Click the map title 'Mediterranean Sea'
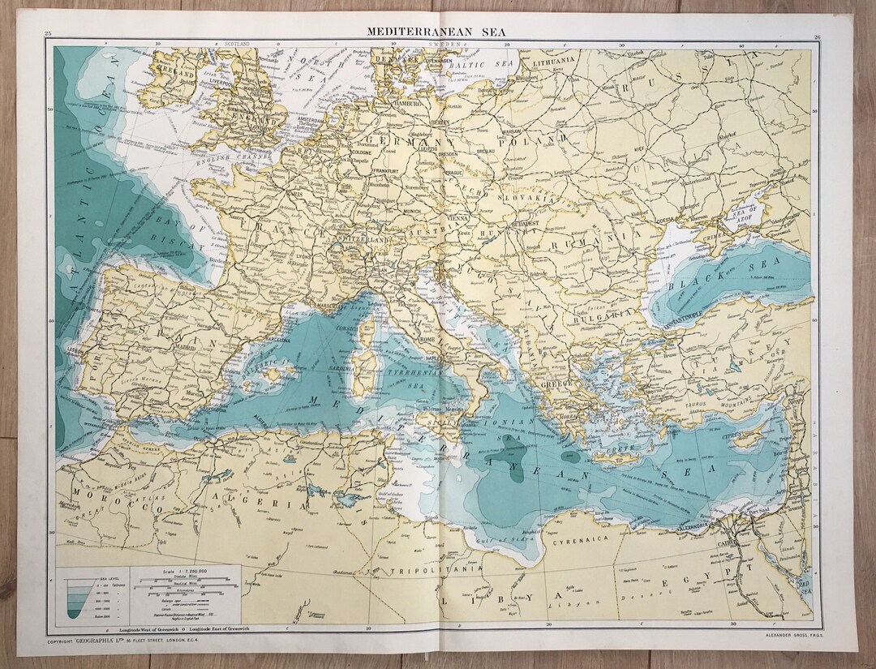click(x=437, y=31)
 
